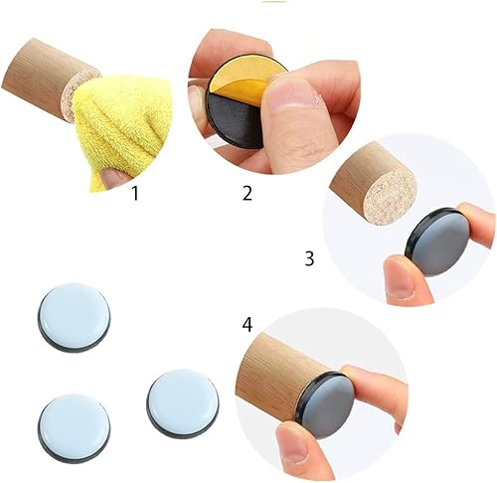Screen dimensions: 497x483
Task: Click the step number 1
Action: pyautogui.click(x=135, y=193)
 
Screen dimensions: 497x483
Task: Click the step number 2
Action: pyautogui.click(x=248, y=193)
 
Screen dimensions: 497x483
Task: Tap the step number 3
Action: pyautogui.click(x=309, y=258)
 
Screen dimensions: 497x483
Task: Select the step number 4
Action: pyautogui.click(x=248, y=325)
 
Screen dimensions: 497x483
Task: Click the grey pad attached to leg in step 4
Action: pyautogui.click(x=327, y=405)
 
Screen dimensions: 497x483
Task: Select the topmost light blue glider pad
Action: pyautogui.click(x=74, y=317)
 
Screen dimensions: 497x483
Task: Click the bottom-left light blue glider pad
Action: pyautogui.click(x=74, y=428)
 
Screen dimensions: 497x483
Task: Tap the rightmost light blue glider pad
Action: pyautogui.click(x=183, y=403)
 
